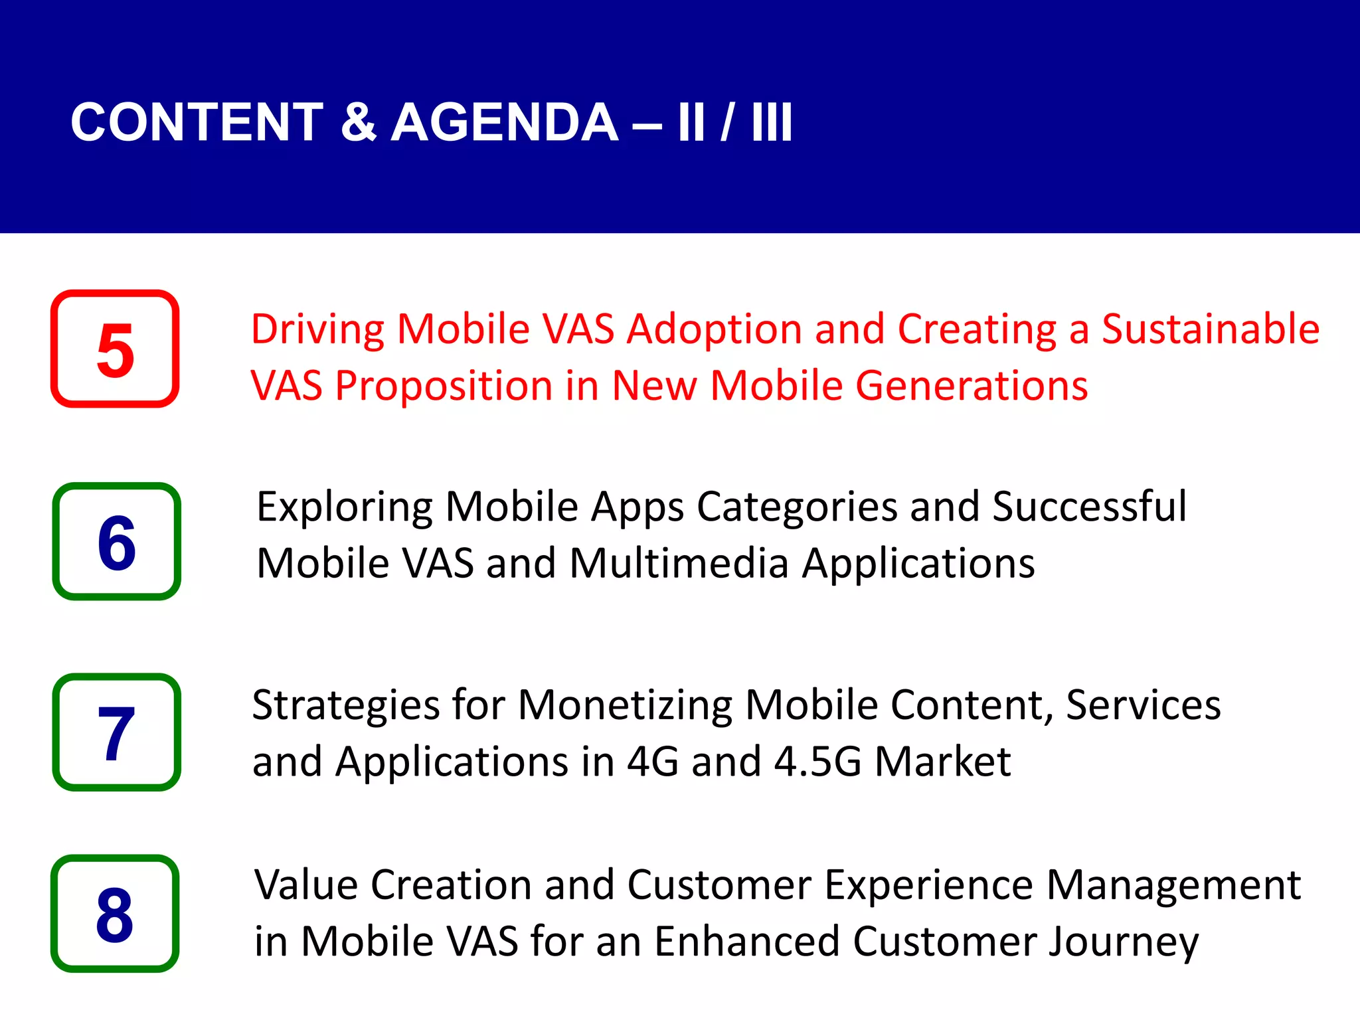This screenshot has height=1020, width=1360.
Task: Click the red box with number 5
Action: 115,349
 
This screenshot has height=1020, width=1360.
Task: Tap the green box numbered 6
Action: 116,541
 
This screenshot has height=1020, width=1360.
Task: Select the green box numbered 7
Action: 116,732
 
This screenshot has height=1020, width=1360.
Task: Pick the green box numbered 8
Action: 115,913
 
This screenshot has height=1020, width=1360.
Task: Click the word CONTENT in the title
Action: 197,123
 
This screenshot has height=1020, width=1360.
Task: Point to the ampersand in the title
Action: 358,123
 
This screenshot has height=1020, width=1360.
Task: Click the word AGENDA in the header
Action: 505,123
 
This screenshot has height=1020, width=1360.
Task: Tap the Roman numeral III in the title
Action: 772,123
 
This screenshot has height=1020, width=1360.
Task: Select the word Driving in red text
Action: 317,330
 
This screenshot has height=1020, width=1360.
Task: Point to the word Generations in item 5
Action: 972,386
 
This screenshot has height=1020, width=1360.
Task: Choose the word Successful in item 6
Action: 1089,507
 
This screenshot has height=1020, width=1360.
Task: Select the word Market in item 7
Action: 942,762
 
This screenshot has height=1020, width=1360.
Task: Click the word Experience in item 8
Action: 928,887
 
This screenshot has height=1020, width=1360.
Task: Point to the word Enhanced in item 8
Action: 747,942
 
